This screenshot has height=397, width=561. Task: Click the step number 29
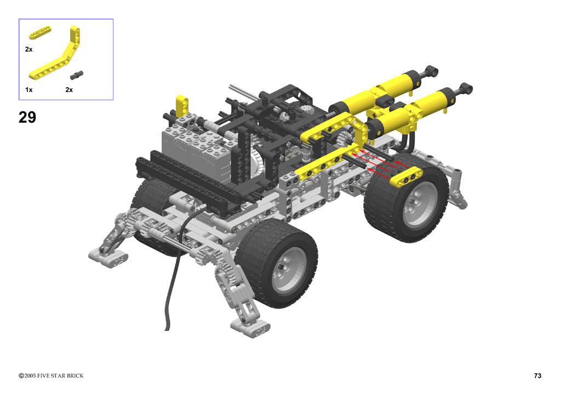point(27,117)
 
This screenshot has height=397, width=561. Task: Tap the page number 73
point(537,376)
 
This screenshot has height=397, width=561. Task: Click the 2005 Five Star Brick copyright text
point(51,376)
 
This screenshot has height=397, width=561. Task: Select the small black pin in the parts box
point(77,75)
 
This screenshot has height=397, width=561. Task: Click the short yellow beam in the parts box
point(39,32)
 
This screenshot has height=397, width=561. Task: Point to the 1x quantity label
point(28,90)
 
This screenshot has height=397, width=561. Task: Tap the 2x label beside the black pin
point(69,90)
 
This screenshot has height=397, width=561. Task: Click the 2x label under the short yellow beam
point(28,49)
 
